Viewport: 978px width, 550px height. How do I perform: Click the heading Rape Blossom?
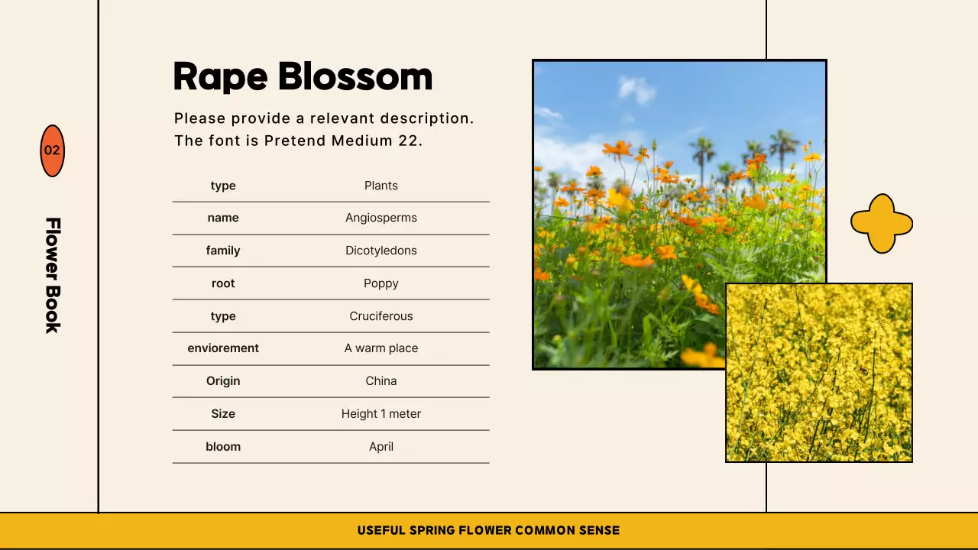click(x=303, y=76)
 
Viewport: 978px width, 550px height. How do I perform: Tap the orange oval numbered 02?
click(x=52, y=150)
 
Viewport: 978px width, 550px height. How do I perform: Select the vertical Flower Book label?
click(x=52, y=275)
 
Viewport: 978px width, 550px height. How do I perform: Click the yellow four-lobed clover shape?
click(x=882, y=223)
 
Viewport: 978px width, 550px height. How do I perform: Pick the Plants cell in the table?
click(x=381, y=186)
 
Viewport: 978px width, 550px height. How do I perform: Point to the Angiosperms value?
click(x=381, y=218)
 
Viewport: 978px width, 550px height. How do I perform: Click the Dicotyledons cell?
click(x=381, y=251)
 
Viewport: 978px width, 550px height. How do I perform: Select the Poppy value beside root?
click(x=381, y=283)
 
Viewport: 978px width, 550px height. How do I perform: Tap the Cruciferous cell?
click(x=381, y=316)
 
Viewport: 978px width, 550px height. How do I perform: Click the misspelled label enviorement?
click(x=223, y=348)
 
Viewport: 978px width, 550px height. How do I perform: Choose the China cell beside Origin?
click(x=381, y=381)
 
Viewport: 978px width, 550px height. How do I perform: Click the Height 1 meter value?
click(x=381, y=414)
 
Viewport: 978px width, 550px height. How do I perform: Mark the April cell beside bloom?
click(x=381, y=447)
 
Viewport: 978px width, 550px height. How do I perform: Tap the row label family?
click(x=223, y=251)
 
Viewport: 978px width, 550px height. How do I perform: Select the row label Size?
click(x=223, y=414)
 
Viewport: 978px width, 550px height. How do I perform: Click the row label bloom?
click(x=223, y=447)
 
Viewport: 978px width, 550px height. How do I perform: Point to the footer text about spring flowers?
click(x=488, y=530)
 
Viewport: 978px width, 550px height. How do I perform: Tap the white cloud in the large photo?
click(x=636, y=89)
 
